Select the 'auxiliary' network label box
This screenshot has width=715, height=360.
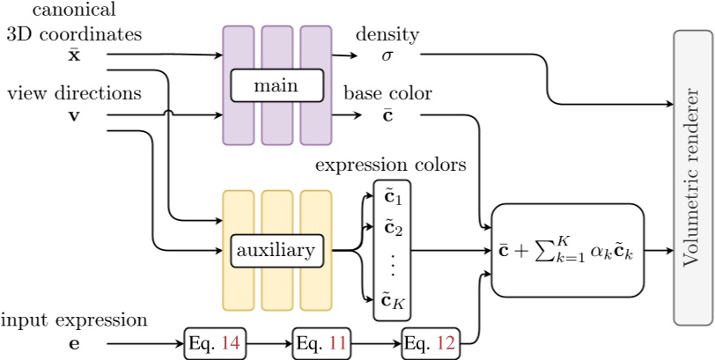(276, 252)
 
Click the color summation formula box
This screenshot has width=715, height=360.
(565, 251)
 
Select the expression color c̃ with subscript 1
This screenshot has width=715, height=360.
(387, 196)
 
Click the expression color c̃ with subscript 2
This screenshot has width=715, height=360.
(387, 230)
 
